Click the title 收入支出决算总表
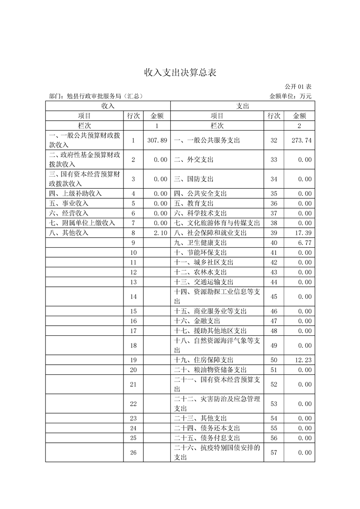(x=180, y=73)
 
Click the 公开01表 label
(x=298, y=86)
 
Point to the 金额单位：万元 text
(x=291, y=96)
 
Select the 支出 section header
(x=242, y=106)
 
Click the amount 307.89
(x=158, y=141)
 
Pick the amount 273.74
(x=302, y=141)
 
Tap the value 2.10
(x=161, y=233)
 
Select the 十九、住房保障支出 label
(x=204, y=360)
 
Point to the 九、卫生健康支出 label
(x=200, y=243)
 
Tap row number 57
(x=274, y=452)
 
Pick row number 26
(x=133, y=452)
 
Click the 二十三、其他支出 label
(x=200, y=418)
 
